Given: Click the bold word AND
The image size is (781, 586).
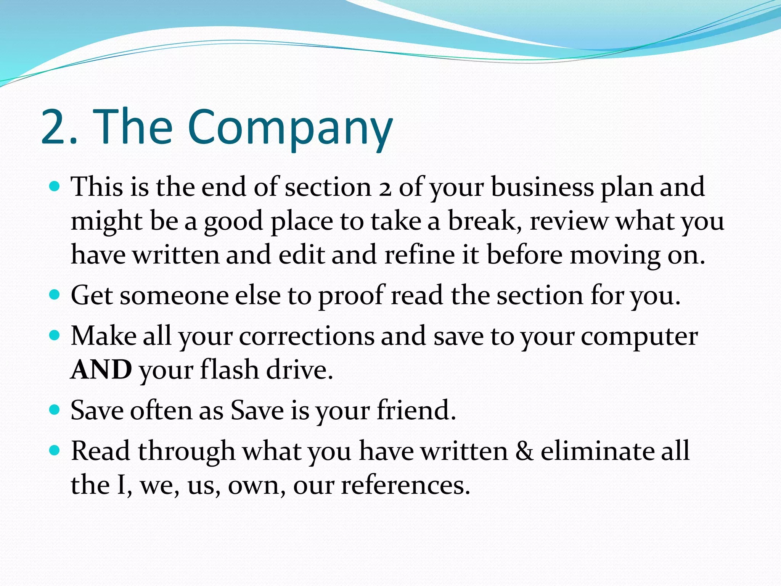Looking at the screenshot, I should click(101, 370).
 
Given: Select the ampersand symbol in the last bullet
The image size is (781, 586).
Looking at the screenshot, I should click(524, 451).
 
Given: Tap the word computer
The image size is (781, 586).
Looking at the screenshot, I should click(639, 336).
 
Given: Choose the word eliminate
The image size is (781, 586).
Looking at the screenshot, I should click(597, 451).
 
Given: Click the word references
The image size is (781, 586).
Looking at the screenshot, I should click(405, 485).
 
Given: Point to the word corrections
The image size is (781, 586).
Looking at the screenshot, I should click(307, 336).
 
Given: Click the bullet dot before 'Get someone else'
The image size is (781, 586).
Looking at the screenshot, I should click(55, 295).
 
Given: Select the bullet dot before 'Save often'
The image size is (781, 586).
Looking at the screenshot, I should click(55, 410).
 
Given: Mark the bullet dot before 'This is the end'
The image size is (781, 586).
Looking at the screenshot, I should click(55, 187).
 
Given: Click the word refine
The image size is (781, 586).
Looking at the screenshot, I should click(419, 255).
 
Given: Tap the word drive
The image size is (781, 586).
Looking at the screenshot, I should click(299, 370).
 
